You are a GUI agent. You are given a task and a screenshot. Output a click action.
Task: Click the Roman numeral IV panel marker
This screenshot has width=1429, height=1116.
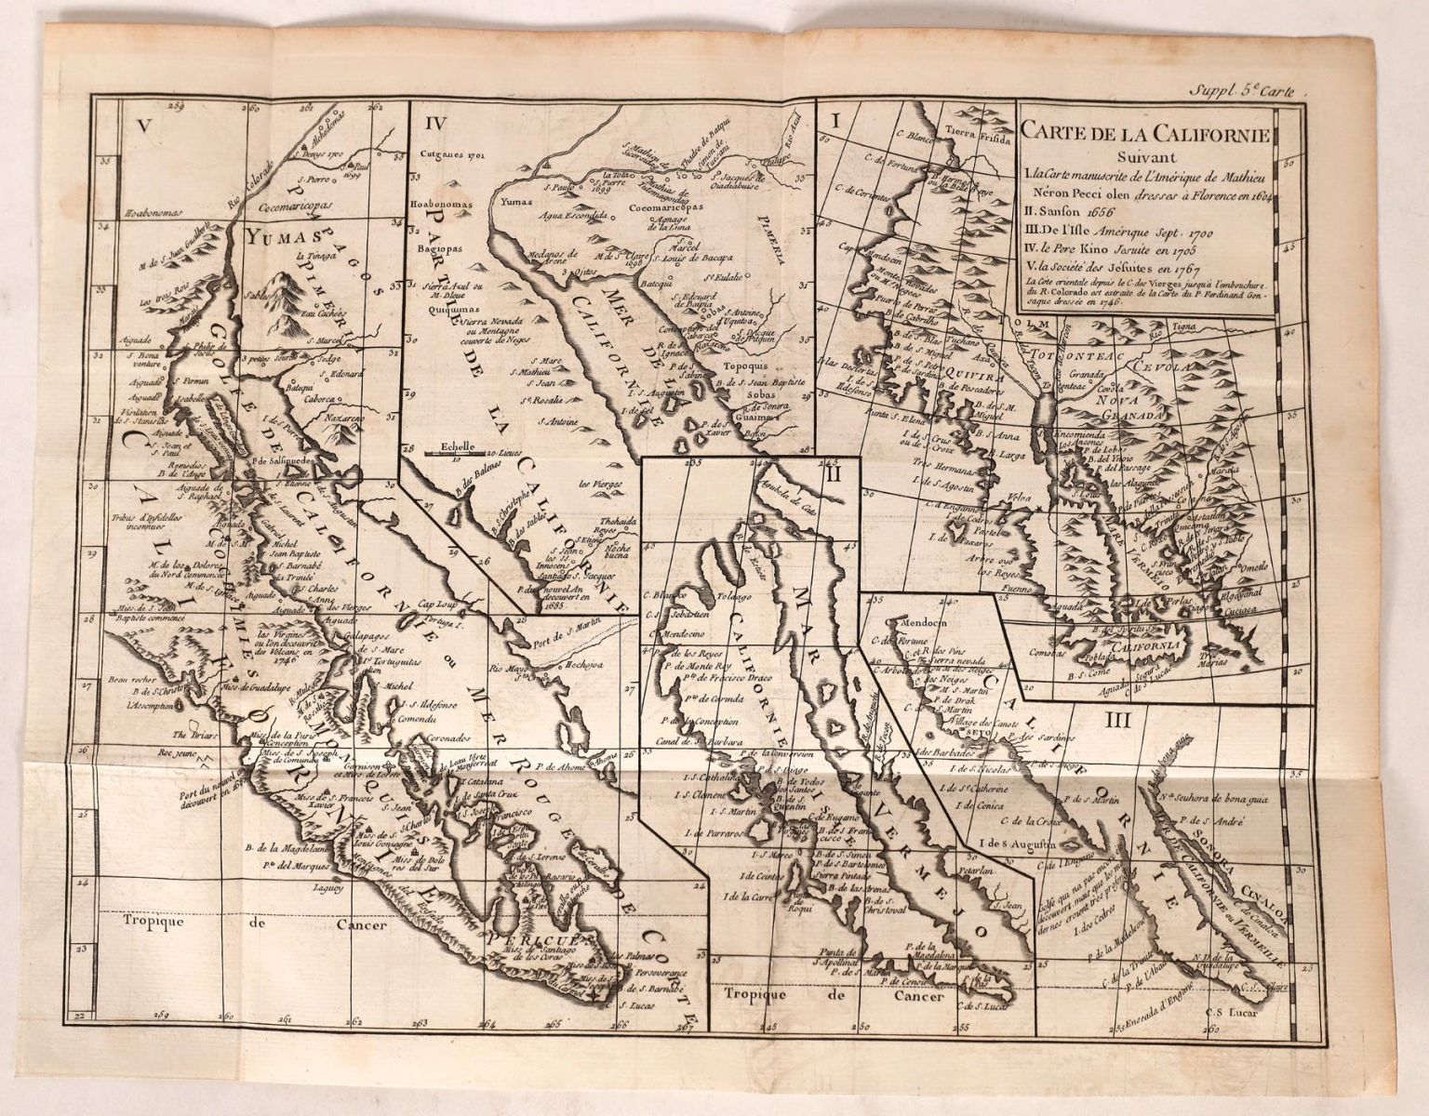[432, 121]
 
